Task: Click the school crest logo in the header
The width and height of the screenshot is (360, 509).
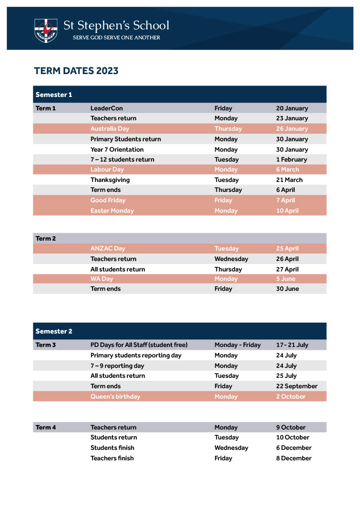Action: point(46,30)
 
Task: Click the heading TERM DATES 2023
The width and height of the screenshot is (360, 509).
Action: point(76,71)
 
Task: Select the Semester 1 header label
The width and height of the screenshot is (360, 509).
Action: point(54,94)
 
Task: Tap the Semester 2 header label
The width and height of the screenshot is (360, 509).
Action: point(54,331)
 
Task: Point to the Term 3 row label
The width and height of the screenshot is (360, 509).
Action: point(46,345)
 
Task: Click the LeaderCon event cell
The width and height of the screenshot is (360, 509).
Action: point(106,108)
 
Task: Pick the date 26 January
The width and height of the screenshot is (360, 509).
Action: point(292,129)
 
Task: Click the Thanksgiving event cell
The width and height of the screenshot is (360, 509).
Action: point(110,180)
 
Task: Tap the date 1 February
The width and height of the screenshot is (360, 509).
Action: point(291,160)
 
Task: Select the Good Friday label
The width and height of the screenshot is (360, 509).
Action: point(108,200)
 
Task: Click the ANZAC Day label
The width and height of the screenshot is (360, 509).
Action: point(108,249)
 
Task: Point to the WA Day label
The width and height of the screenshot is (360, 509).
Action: point(101,279)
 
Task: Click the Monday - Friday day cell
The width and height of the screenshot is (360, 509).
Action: point(237,345)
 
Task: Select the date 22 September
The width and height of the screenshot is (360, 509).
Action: point(296,386)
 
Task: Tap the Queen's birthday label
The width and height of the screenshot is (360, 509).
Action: point(115,397)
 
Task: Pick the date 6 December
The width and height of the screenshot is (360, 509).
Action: point(294,448)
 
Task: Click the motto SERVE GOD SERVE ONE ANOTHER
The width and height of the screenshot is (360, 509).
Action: point(116,38)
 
